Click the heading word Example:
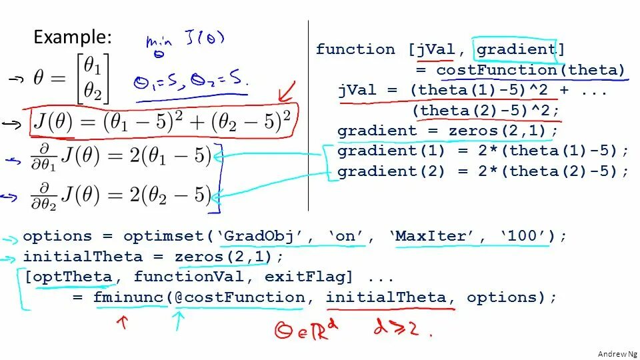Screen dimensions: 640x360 73,37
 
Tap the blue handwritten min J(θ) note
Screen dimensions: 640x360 176,44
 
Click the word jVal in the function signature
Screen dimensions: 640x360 437,49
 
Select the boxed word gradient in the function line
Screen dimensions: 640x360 516,49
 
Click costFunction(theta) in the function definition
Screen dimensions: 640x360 531,70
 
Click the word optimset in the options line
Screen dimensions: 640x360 167,236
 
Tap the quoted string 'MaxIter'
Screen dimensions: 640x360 438,236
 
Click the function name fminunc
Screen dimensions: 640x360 129,297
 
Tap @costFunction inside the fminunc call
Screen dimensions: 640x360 239,297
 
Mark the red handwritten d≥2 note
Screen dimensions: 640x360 401,331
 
